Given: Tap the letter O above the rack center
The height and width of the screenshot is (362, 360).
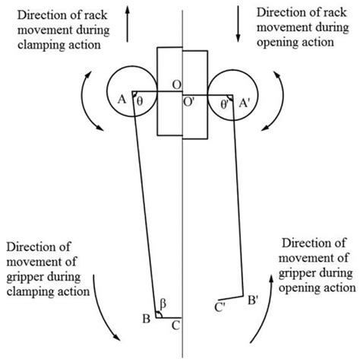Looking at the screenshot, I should [175, 83].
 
